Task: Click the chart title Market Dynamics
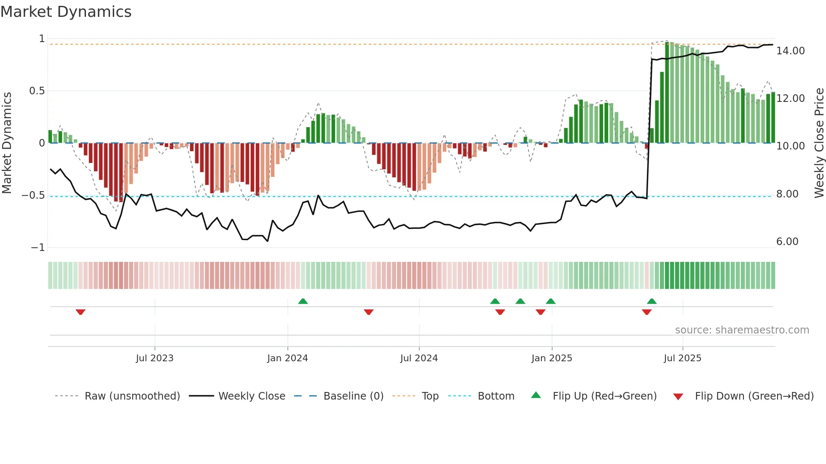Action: (x=66, y=12)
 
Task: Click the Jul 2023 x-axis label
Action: (x=155, y=358)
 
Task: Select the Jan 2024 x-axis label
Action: (x=287, y=358)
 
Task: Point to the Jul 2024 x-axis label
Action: (x=419, y=358)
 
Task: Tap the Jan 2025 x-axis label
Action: (x=552, y=358)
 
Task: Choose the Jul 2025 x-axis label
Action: (x=682, y=358)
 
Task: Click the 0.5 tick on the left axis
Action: (x=37, y=91)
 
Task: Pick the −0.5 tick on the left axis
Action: (x=33, y=195)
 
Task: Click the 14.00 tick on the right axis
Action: (x=791, y=51)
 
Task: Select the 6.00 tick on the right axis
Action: (x=787, y=242)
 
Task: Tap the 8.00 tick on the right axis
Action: (x=787, y=194)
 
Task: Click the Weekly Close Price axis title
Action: (x=819, y=143)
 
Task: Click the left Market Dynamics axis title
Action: (x=7, y=143)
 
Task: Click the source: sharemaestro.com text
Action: (x=742, y=330)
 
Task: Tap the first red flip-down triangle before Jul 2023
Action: (x=80, y=312)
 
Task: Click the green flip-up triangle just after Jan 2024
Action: (x=303, y=301)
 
